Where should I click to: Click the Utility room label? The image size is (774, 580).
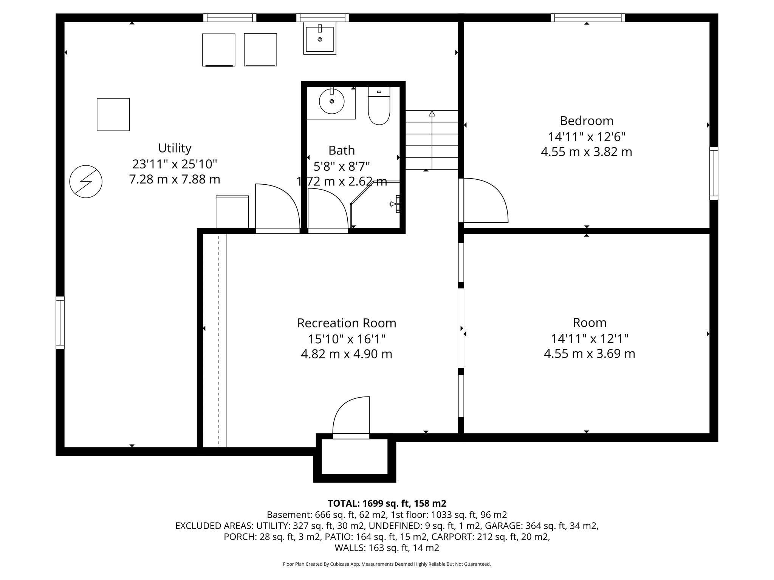coord(175,148)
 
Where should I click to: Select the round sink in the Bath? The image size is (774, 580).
coord(331,101)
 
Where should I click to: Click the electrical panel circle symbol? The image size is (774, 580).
coord(86,181)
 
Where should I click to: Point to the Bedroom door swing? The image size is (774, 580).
coord(486,200)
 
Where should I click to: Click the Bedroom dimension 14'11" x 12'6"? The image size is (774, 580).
coord(587,136)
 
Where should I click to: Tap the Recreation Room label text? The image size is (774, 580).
coord(347,323)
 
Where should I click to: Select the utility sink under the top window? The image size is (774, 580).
coord(320,39)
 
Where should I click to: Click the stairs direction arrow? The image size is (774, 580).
coord(432,113)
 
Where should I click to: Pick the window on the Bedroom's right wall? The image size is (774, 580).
coord(714,173)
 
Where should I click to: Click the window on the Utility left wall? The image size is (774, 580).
coord(60,322)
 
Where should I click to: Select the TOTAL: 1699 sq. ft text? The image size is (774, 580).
coord(387,503)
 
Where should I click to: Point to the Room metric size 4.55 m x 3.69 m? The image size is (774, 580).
coord(589,354)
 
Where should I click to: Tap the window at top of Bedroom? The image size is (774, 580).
coord(588,18)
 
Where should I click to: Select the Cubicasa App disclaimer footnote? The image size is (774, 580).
coord(387,564)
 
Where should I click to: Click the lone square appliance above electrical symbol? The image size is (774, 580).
coord(113,114)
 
